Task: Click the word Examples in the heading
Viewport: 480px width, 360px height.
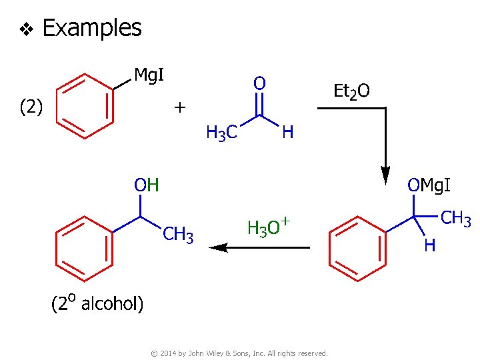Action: click(x=91, y=28)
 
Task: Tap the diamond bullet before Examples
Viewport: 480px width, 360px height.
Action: click(x=26, y=29)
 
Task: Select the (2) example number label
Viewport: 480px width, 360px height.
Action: click(x=31, y=107)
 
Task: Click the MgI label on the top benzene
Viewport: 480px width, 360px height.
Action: click(x=149, y=75)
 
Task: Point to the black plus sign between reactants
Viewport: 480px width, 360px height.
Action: click(x=180, y=107)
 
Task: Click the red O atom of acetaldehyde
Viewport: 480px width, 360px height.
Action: click(x=259, y=83)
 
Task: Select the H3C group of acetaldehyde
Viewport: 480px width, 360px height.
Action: click(x=221, y=133)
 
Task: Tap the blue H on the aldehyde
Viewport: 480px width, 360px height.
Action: click(x=287, y=133)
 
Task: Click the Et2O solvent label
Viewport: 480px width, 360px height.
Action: click(x=351, y=91)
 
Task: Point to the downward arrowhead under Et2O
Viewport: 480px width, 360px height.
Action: click(x=385, y=177)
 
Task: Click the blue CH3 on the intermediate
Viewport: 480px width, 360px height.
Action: click(x=457, y=219)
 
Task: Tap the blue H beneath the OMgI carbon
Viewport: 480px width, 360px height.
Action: click(x=430, y=245)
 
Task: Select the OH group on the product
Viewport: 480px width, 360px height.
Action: click(x=147, y=185)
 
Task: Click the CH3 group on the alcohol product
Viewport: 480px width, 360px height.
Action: click(x=178, y=235)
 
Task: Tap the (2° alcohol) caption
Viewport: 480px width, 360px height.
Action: click(x=97, y=304)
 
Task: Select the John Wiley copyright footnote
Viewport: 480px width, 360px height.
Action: click(x=240, y=353)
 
